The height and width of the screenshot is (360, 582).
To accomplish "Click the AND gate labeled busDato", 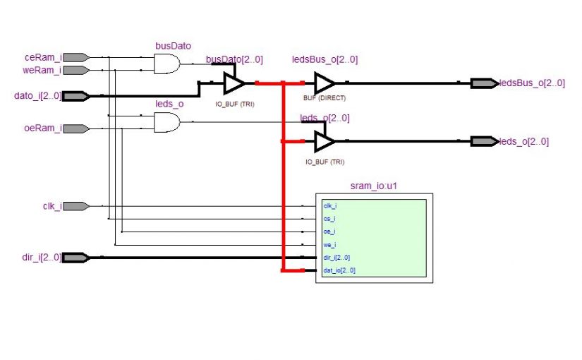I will [167, 64].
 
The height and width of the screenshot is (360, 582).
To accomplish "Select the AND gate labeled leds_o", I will [167, 122].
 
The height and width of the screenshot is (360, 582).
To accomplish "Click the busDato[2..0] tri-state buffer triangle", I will [234, 83].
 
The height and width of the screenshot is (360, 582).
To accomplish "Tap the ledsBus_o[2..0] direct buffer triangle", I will [325, 83].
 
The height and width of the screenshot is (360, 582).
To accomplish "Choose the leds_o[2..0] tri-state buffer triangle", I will [325, 141].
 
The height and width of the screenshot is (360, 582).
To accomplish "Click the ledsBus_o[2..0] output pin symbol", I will [484, 83].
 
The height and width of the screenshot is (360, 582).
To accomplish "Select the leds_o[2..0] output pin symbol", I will [484, 141].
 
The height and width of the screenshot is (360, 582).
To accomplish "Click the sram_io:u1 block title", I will [373, 187].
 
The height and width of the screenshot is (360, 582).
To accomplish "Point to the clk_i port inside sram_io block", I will [329, 206].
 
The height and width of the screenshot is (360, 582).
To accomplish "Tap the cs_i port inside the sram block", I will [329, 219].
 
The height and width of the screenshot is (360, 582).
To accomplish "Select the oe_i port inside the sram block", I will [329, 232].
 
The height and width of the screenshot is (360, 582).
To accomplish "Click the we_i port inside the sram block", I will [329, 245].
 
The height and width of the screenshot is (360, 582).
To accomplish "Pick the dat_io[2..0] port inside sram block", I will [339, 270].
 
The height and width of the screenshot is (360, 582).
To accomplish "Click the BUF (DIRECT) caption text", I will [325, 98].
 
